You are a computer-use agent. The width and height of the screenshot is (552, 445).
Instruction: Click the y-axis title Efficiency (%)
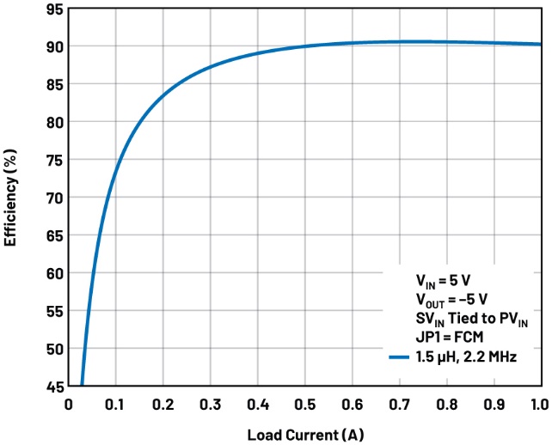pyautogui.click(x=11, y=198)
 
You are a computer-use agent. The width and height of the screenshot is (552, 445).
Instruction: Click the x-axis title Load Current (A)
pyautogui.click(x=304, y=434)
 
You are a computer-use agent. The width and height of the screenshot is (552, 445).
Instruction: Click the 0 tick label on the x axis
pyautogui.click(x=69, y=404)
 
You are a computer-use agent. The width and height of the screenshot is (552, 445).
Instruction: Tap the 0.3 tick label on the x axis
pyautogui.click(x=210, y=404)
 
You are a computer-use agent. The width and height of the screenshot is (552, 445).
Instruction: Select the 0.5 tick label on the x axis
pyautogui.click(x=304, y=404)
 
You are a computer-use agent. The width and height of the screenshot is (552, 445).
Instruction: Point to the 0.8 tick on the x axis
pyautogui.click(x=446, y=404)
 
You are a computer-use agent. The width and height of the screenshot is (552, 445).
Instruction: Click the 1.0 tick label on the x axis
pyautogui.click(x=537, y=404)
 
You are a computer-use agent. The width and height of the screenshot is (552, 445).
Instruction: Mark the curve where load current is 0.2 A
pyautogui.click(x=163, y=95)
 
